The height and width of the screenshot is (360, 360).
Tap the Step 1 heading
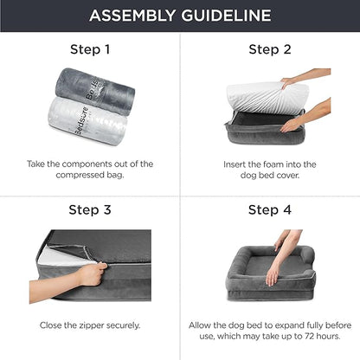(90, 49)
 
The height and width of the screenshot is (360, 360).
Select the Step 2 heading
(269, 49)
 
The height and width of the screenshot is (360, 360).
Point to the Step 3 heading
(90, 209)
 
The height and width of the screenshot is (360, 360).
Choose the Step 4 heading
(269, 209)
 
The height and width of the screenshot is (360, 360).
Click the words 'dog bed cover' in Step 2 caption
(269, 175)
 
